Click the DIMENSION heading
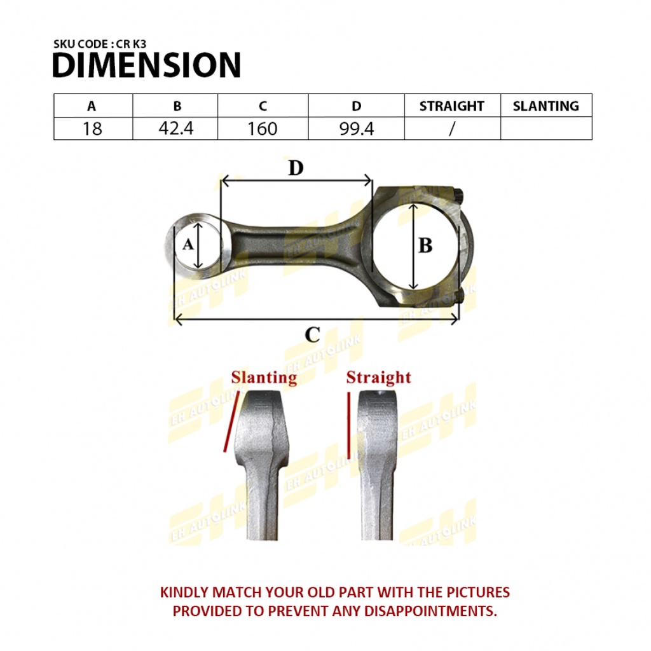pos(147,65)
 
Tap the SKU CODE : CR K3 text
pos(100,44)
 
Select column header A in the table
pos(92,106)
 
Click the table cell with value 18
pos(92,128)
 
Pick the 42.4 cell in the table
pos(176,128)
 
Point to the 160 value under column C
pos(263,128)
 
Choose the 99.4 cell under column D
pos(357,128)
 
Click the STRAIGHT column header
pos(452,106)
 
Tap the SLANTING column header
pos(546,106)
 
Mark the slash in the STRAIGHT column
pos(452,128)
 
